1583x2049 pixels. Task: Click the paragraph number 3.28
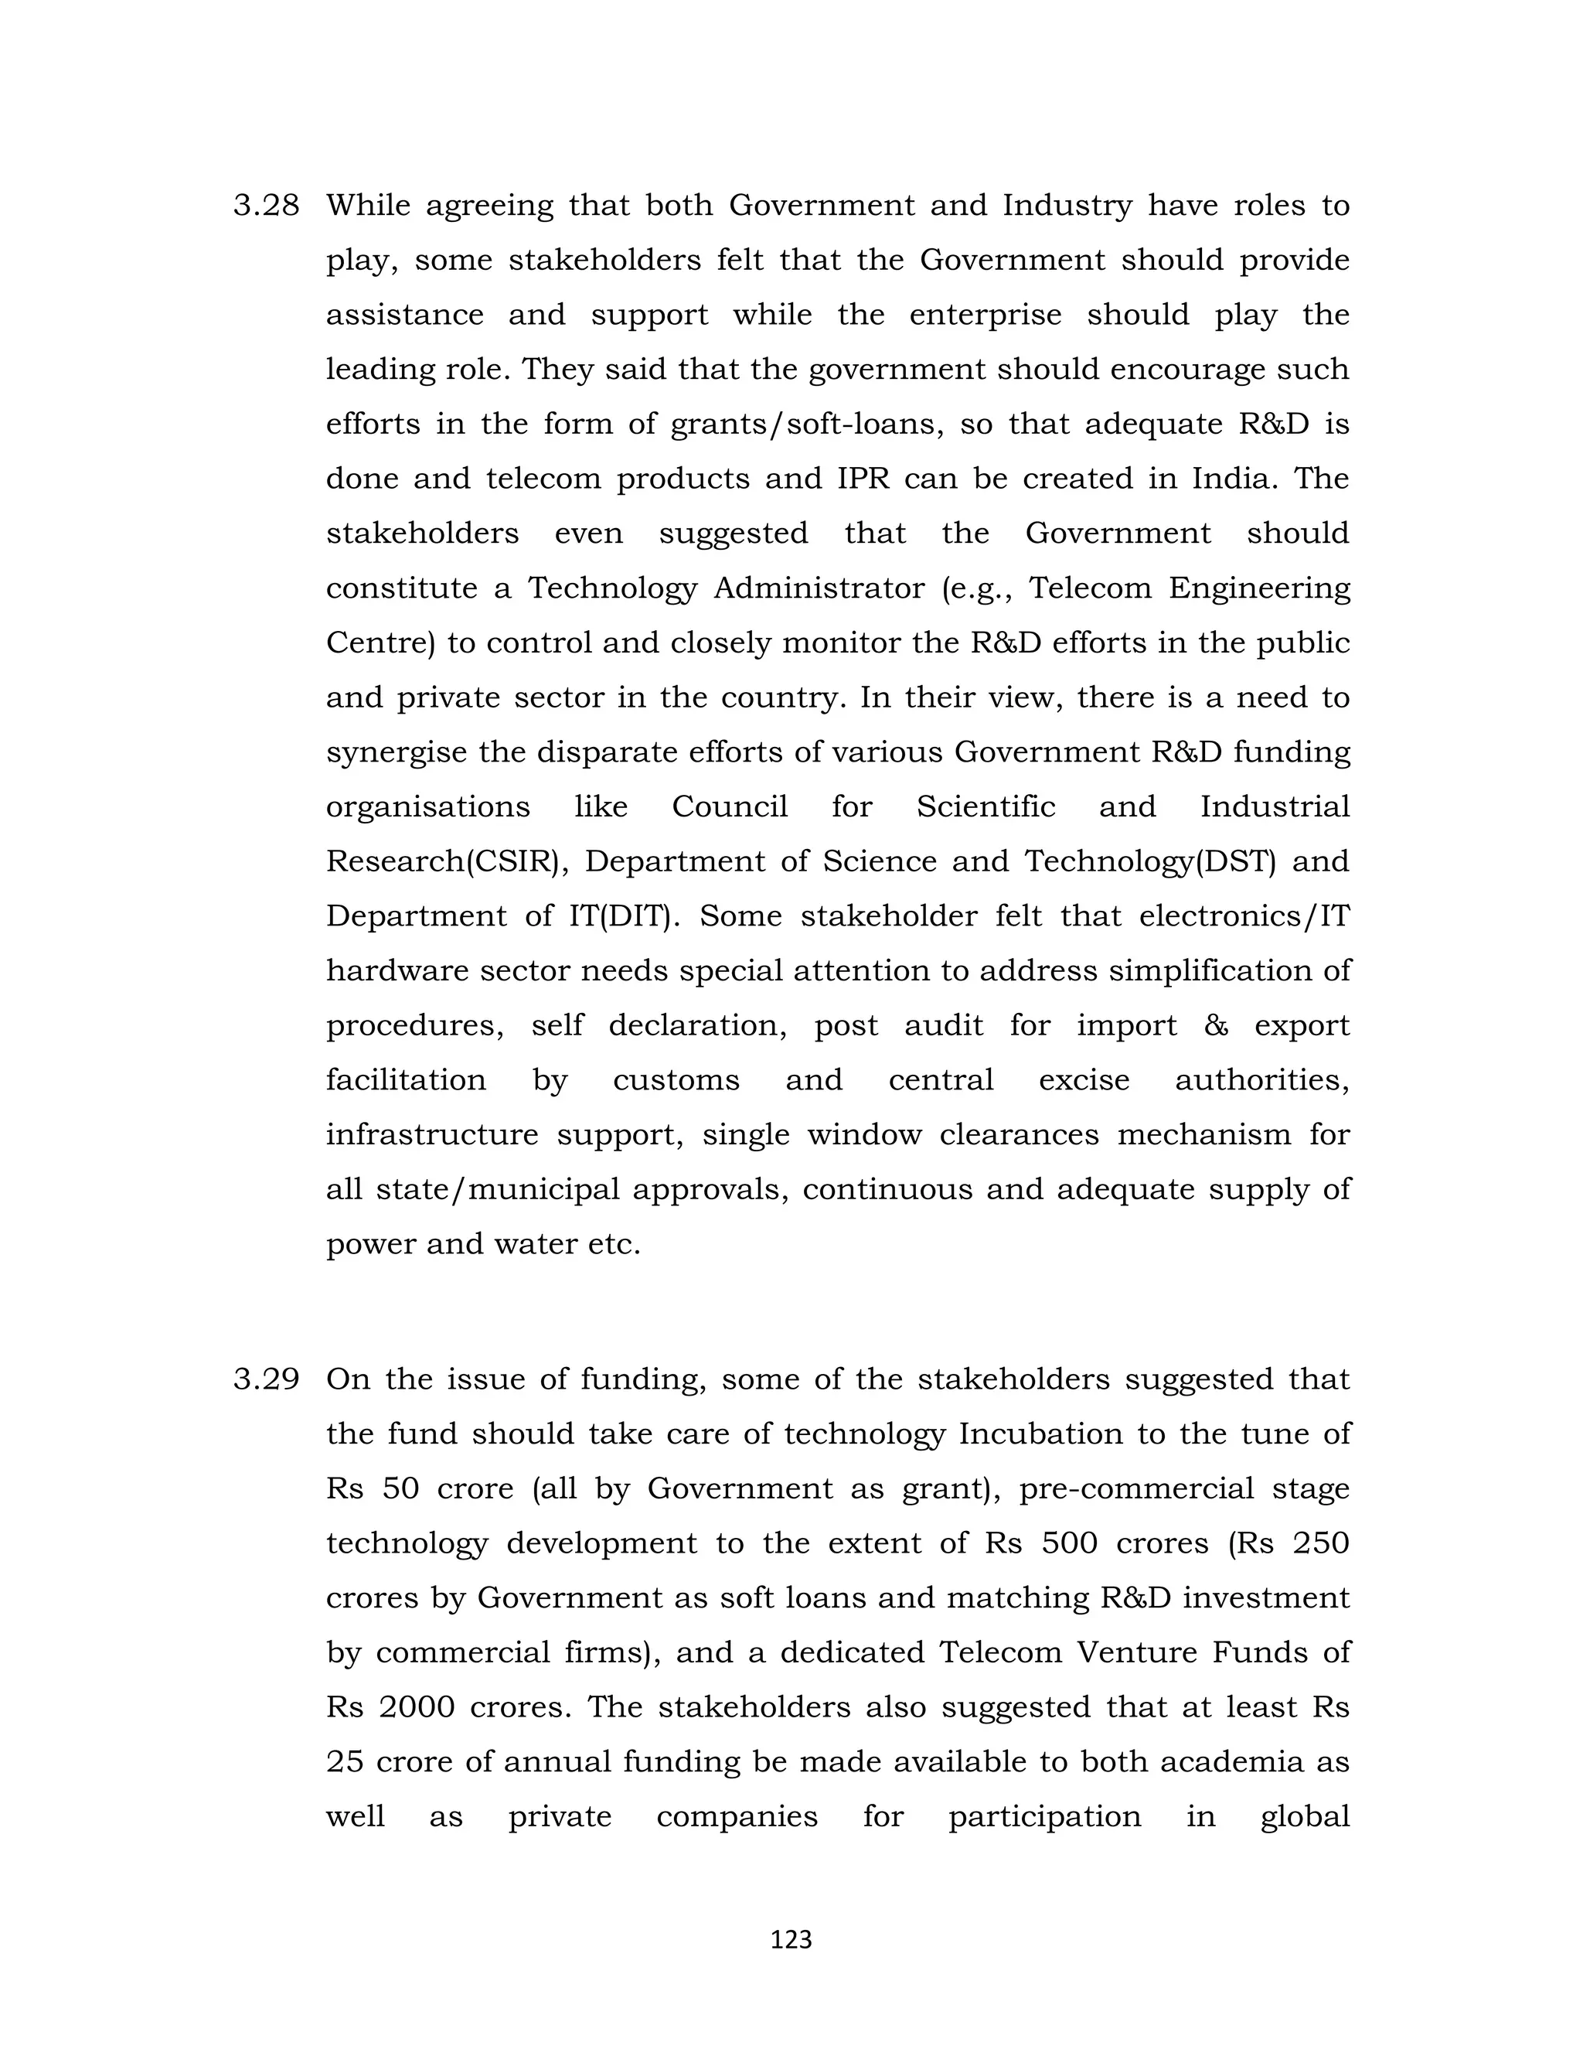coord(267,206)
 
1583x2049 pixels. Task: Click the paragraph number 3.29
coord(267,1379)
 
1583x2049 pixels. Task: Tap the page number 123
coord(791,1939)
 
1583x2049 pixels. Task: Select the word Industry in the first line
coord(1067,206)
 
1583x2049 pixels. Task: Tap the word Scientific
coord(986,806)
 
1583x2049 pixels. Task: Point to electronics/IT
coord(1244,915)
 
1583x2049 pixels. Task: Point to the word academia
coord(1231,1761)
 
